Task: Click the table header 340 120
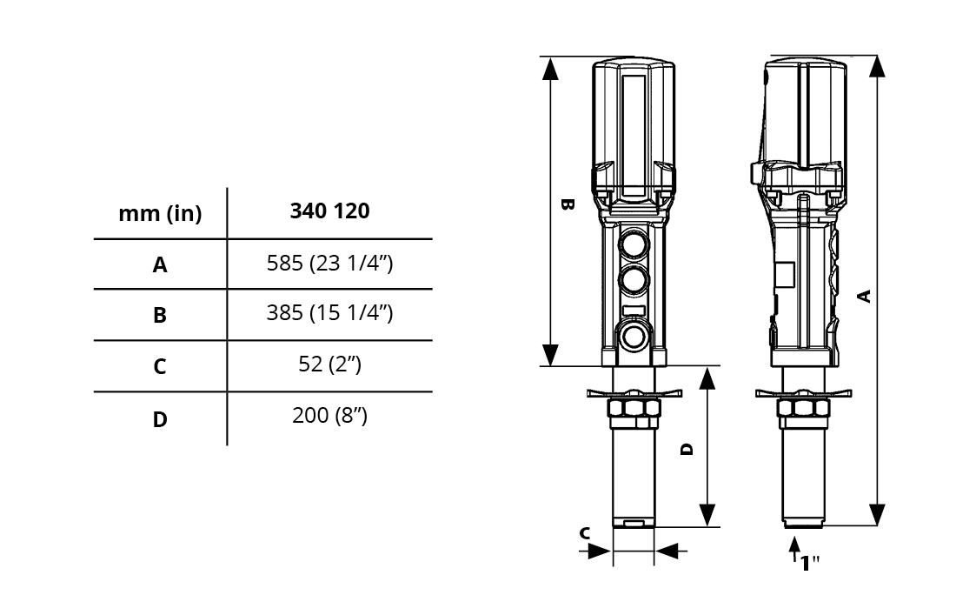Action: pos(329,211)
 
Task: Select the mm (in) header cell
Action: pos(160,214)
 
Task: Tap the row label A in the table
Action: pos(160,264)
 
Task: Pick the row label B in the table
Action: pos(160,315)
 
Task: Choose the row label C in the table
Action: pos(160,365)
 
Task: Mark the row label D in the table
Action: pos(160,419)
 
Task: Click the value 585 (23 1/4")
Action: pos(330,263)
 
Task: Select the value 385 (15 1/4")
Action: pos(330,312)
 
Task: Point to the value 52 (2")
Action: pos(330,364)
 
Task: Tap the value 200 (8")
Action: pos(330,415)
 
